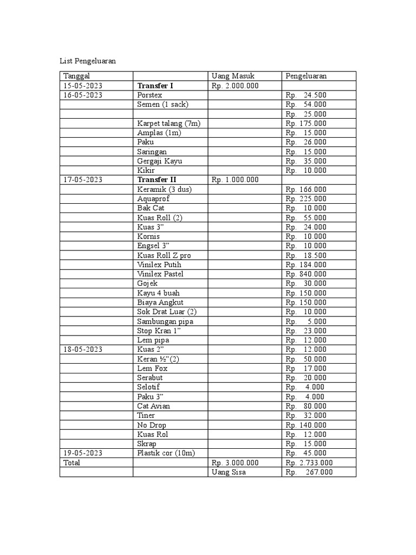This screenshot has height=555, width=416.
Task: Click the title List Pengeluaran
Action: [x=88, y=61]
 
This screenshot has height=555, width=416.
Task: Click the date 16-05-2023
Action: [x=83, y=95]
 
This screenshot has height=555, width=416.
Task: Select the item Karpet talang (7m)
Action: [x=169, y=123]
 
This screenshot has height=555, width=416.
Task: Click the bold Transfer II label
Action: [x=157, y=179]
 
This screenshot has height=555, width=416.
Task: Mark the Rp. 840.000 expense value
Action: [x=306, y=274]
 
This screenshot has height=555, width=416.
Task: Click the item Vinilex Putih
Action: [x=159, y=264]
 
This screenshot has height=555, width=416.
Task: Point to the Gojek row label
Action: [x=147, y=283]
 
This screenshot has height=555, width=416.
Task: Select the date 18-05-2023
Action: [x=83, y=350]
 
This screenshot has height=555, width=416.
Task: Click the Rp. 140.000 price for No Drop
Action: [x=306, y=425]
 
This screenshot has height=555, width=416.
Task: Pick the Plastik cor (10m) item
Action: [x=166, y=453]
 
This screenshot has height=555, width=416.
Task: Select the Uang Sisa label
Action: [x=229, y=472]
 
